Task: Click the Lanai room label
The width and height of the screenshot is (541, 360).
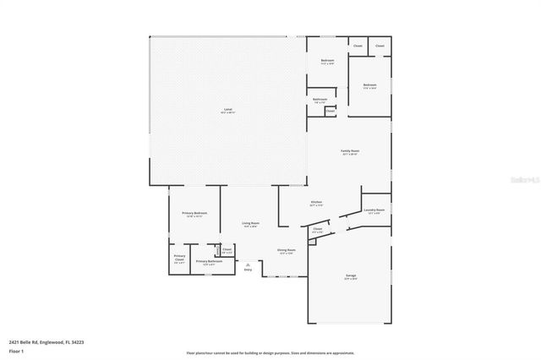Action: (x=227, y=110)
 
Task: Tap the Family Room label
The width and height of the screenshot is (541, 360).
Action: (x=350, y=152)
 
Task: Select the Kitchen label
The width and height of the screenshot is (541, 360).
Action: (x=315, y=204)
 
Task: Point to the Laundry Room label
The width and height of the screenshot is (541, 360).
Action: (x=374, y=210)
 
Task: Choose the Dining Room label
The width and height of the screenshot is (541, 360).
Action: (x=287, y=252)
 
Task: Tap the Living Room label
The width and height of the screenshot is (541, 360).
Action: (x=251, y=225)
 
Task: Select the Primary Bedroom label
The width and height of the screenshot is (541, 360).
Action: (x=194, y=215)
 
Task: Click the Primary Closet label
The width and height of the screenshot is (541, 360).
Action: (x=179, y=259)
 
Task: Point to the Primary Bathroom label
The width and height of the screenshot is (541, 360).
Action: (x=209, y=263)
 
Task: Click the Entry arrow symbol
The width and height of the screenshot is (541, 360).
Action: (x=248, y=265)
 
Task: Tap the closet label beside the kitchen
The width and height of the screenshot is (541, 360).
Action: (x=318, y=230)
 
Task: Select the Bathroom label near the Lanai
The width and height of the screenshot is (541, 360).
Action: (x=320, y=101)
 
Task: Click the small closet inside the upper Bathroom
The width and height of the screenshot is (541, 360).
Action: (x=330, y=110)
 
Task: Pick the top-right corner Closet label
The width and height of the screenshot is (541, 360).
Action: (x=380, y=46)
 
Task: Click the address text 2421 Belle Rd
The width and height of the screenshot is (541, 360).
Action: (x=46, y=342)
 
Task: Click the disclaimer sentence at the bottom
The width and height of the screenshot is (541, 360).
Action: (x=270, y=353)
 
